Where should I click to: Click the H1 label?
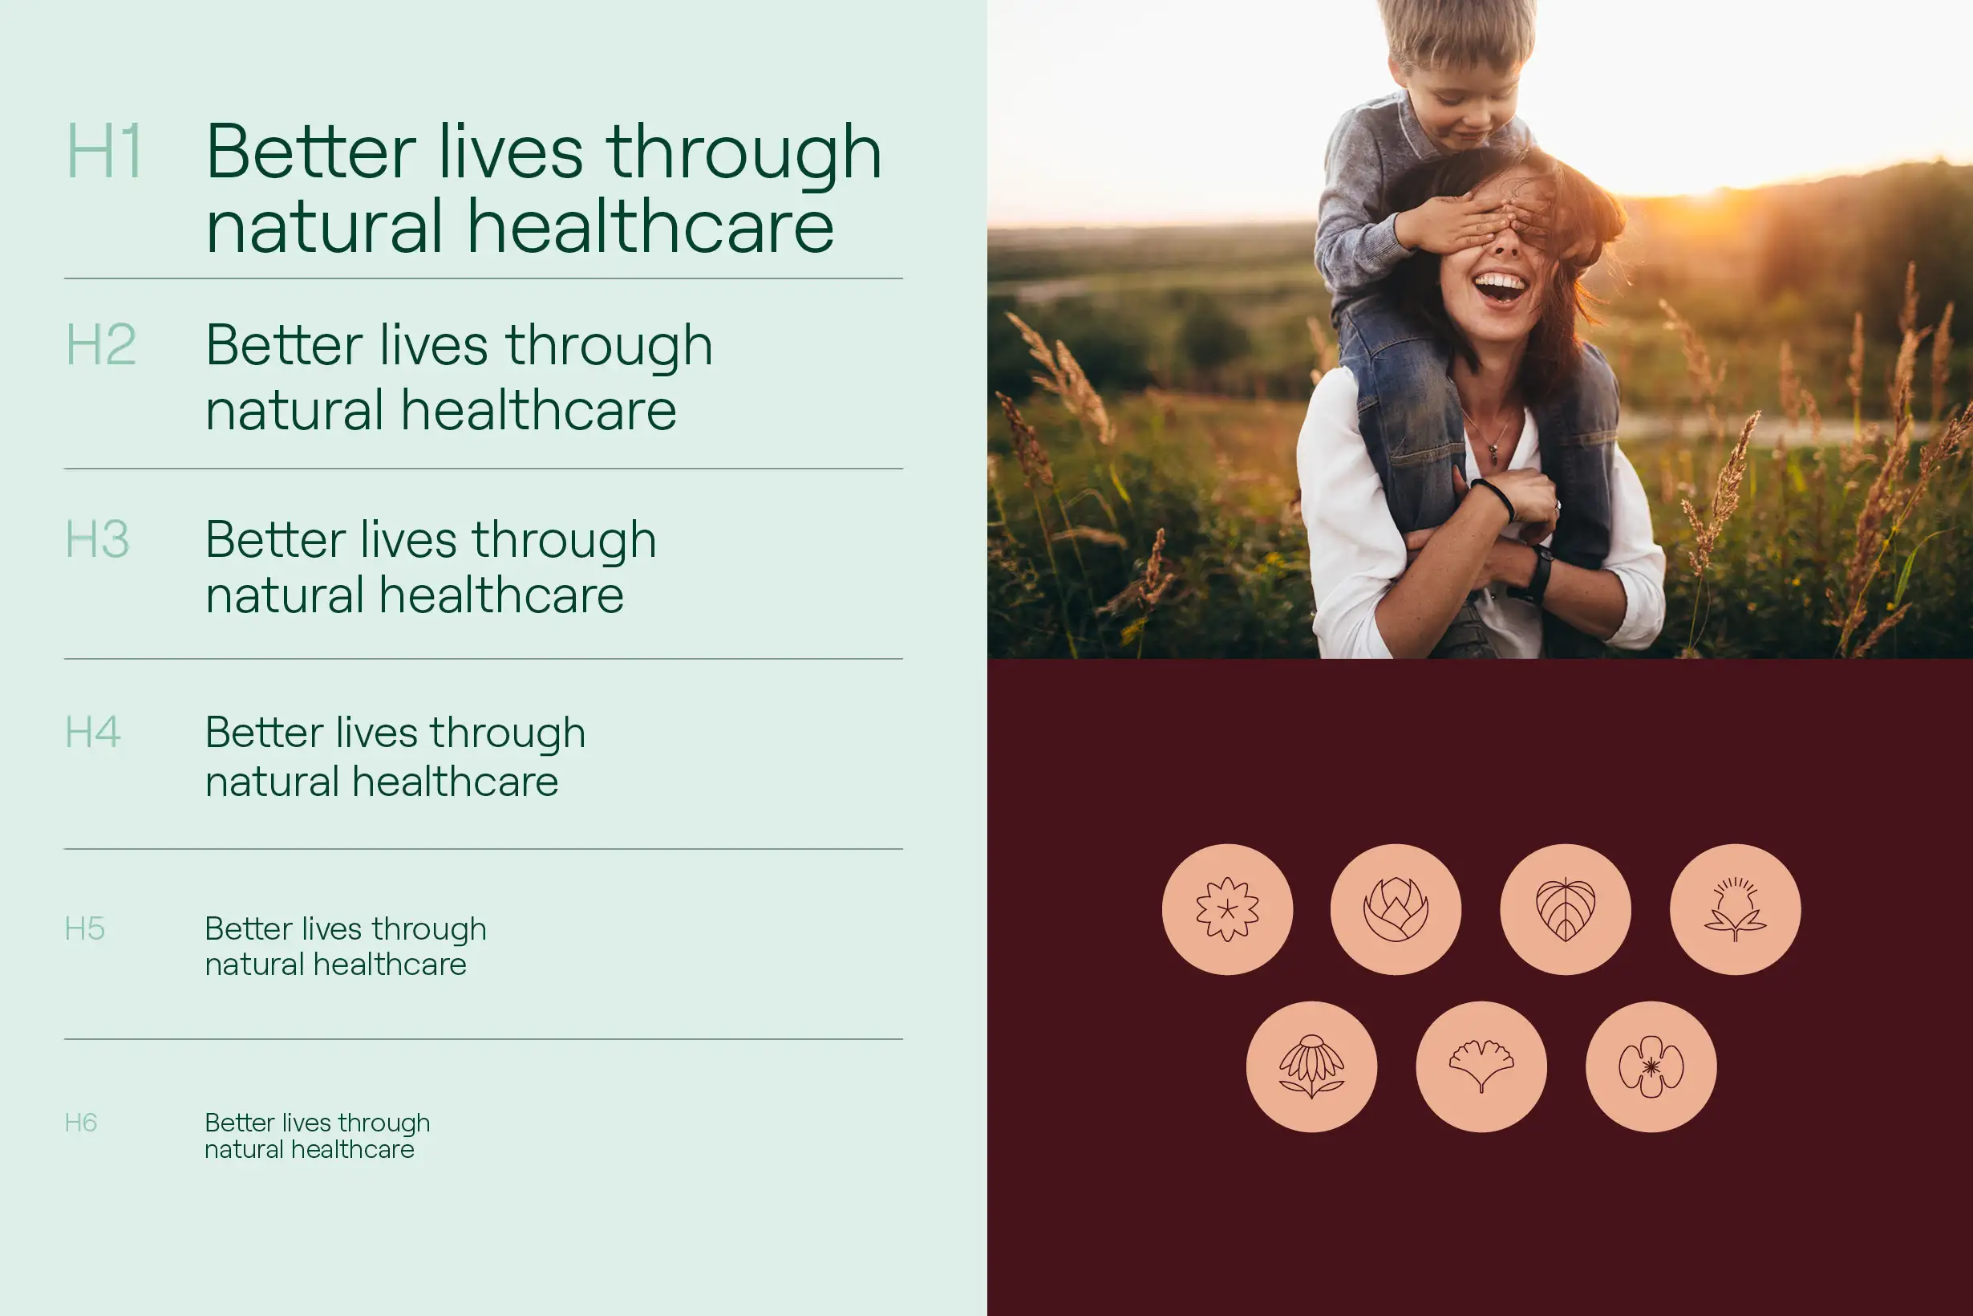click(104, 152)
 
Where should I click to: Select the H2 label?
click(101, 345)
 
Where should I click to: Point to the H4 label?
click(93, 732)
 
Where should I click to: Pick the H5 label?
click(85, 929)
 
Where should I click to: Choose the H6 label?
click(80, 1123)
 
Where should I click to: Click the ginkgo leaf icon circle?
click(1481, 1066)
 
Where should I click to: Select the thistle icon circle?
click(1735, 909)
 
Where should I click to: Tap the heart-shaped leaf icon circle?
click(1566, 909)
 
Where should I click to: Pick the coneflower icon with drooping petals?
click(1311, 1066)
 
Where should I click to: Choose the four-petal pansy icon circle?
click(1651, 1066)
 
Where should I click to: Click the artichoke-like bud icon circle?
click(1396, 909)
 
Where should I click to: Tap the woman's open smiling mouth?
click(1500, 288)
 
